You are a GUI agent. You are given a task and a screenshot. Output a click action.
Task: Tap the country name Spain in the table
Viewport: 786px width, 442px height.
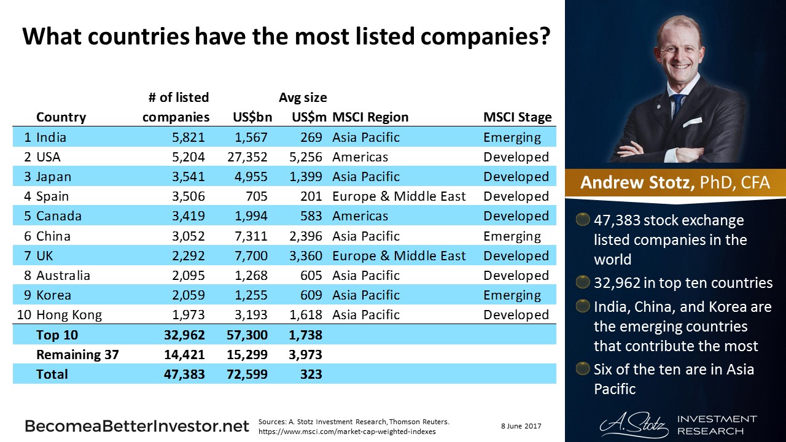pos(53,196)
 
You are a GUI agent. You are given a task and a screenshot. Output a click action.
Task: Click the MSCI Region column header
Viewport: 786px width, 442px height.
pos(370,117)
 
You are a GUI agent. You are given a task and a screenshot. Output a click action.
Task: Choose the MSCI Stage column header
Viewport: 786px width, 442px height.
pos(517,117)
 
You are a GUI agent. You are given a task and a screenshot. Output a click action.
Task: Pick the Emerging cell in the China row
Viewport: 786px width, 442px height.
pos(512,236)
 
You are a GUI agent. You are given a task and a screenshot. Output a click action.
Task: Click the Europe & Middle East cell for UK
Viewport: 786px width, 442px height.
pos(399,256)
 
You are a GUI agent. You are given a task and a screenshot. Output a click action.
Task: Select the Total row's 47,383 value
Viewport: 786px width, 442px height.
pos(183,374)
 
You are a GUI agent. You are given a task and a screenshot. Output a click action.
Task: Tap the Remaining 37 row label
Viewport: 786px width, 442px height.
pos(77,355)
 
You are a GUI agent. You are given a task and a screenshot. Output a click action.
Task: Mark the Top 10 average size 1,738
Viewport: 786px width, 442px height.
pos(305,335)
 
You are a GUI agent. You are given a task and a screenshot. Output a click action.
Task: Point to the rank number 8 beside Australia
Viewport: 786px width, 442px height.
pos(28,276)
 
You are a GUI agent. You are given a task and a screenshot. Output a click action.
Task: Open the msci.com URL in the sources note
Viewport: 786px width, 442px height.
pos(347,431)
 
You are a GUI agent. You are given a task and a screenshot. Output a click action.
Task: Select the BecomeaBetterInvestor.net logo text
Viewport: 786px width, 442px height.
pos(136,426)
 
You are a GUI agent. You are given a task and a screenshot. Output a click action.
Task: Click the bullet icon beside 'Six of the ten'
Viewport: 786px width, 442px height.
pos(582,370)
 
